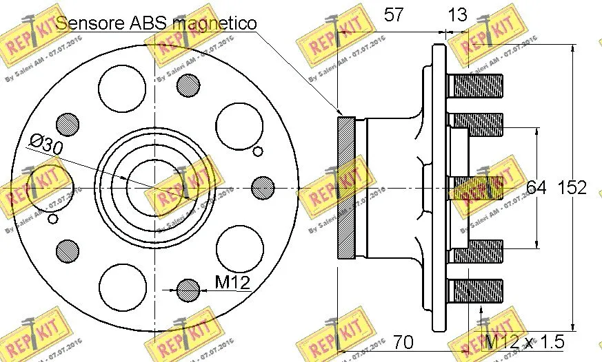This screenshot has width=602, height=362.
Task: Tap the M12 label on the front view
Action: [232, 281]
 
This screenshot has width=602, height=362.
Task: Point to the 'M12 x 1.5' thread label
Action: [524, 341]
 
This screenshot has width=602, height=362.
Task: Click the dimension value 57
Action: [394, 15]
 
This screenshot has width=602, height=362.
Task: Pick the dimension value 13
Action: [456, 15]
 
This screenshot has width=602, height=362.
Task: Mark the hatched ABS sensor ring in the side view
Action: [345, 187]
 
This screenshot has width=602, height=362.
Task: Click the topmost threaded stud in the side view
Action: [476, 86]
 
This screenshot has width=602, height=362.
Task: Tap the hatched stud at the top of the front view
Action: [188, 85]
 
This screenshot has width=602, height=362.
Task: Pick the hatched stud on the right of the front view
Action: [262, 187]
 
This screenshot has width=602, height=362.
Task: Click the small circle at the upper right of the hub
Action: [258, 152]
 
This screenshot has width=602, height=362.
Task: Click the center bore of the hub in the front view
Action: [155, 187]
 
